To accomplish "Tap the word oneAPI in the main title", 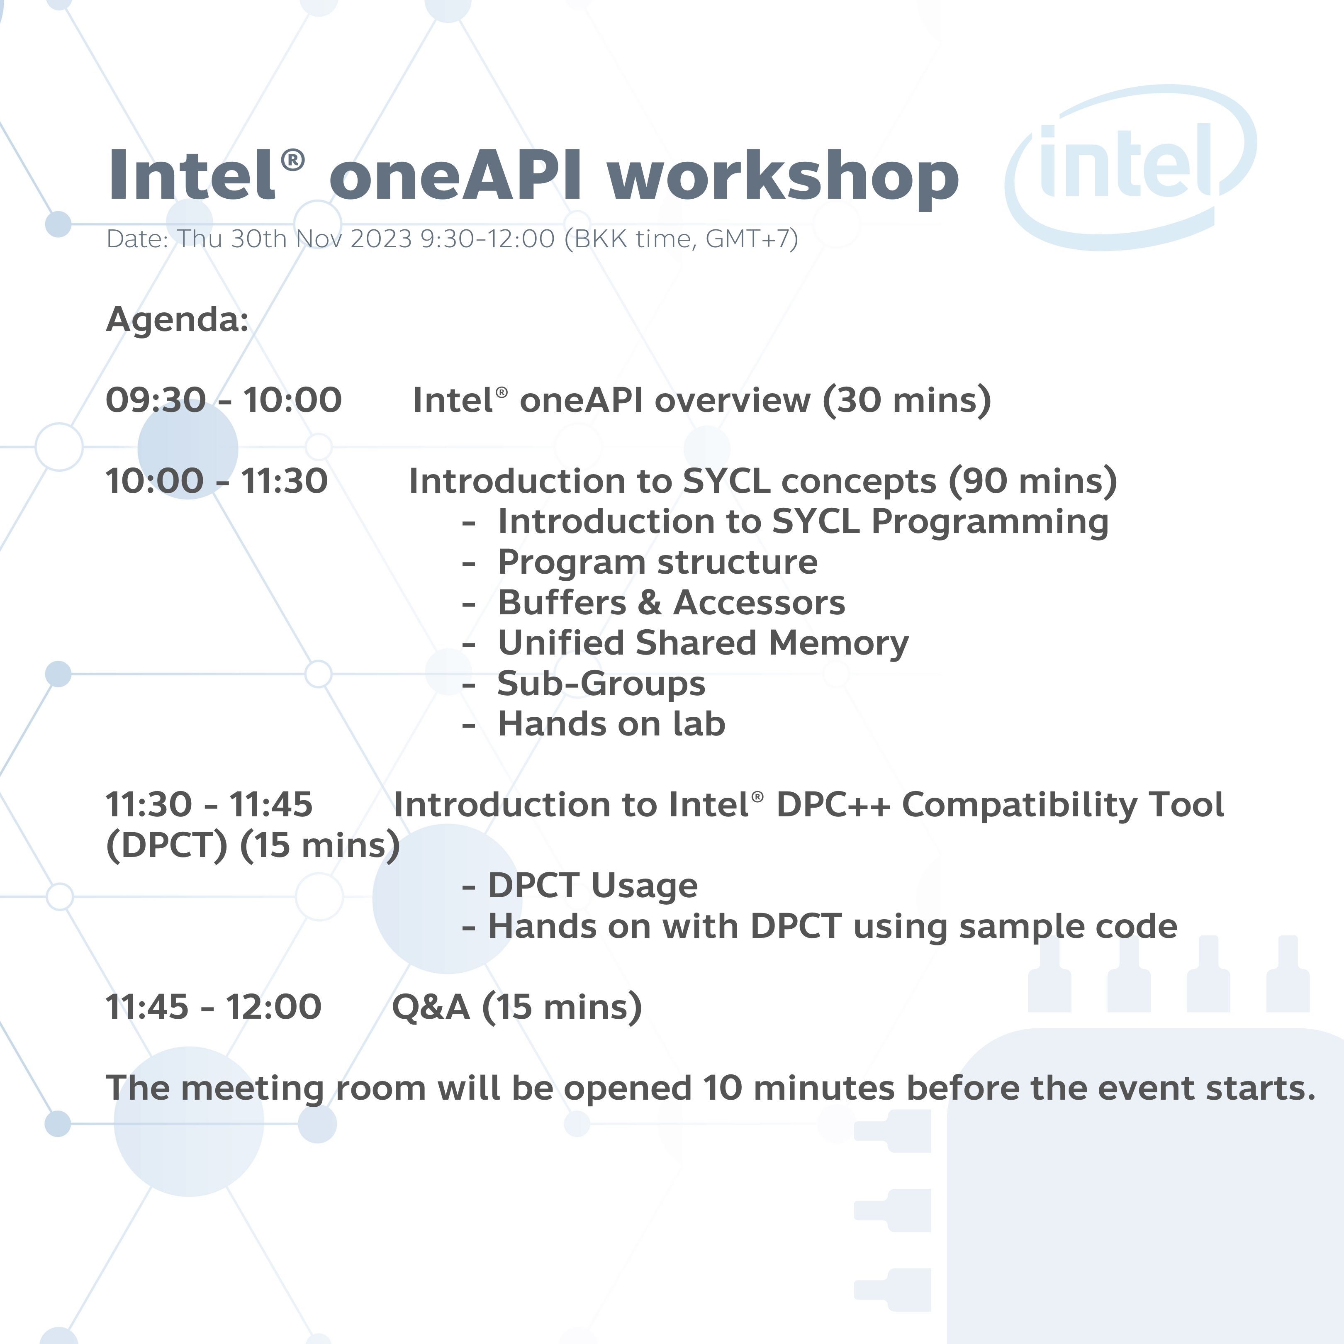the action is [x=455, y=174].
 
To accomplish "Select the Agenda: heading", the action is [x=178, y=320].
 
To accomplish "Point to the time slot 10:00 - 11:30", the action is [x=217, y=481].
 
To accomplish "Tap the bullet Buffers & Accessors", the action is [x=671, y=602].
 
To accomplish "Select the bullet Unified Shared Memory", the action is [x=703, y=643].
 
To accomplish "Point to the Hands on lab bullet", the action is [x=611, y=723].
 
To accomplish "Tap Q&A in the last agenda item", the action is [x=431, y=1007].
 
